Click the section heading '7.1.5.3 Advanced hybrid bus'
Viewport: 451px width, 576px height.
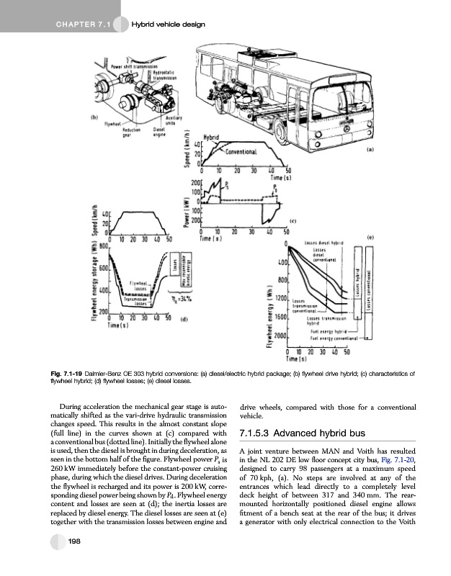coord(303,433)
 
